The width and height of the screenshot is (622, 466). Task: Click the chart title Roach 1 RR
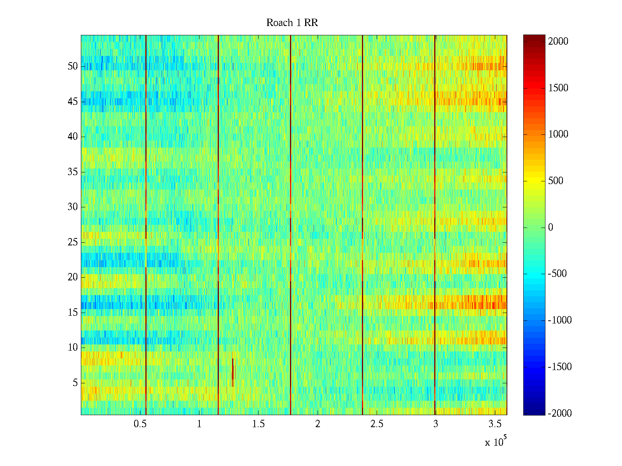[292, 23]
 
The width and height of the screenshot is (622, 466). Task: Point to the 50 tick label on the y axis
[73, 66]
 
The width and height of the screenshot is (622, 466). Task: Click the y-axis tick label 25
[73, 242]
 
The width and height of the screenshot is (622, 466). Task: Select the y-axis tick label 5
[75, 383]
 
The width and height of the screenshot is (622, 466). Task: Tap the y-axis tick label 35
[73, 172]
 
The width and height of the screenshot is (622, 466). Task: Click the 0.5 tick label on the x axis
[140, 424]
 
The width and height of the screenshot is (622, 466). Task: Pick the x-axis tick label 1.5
[258, 424]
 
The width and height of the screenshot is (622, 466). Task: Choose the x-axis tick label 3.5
[495, 424]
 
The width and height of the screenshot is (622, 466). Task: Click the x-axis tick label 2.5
[377, 424]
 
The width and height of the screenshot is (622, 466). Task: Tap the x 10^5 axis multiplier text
[496, 442]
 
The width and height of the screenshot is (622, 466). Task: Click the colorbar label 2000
[558, 42]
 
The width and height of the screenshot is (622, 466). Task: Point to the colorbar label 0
[550, 228]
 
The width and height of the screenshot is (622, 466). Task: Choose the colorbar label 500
[556, 181]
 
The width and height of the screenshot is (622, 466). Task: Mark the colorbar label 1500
[558, 88]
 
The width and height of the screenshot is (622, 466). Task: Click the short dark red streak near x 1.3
[232, 372]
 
